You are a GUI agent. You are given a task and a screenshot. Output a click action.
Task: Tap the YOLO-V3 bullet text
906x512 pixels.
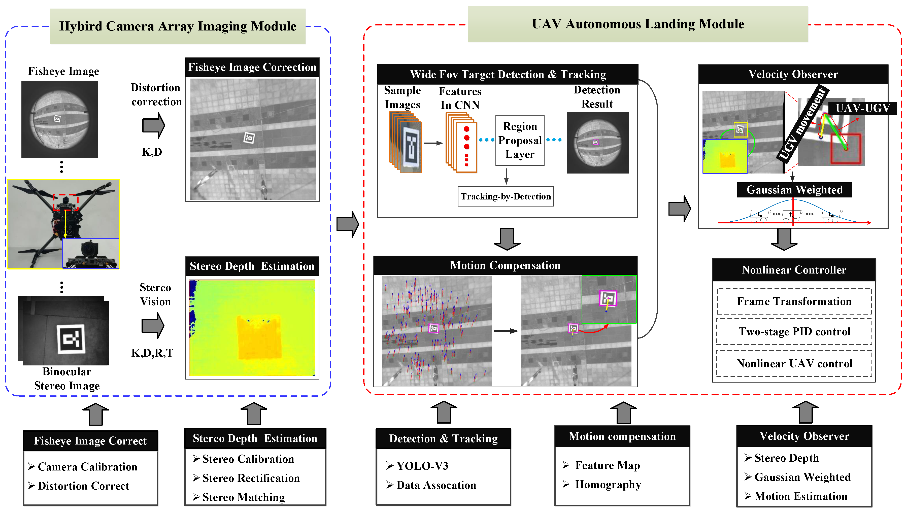point(422,466)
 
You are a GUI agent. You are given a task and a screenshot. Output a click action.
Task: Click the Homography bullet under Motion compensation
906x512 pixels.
point(608,484)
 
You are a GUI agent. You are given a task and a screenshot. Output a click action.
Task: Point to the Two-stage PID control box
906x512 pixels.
point(794,332)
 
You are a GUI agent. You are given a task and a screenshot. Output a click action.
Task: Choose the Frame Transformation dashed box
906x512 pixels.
point(794,301)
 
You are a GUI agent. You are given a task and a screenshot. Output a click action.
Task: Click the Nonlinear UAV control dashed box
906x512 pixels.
point(794,363)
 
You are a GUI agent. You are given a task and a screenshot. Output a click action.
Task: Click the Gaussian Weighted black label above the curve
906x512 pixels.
point(794,190)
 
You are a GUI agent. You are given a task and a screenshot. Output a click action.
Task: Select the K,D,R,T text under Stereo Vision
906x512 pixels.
point(152,353)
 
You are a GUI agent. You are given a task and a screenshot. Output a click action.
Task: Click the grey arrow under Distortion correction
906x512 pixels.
point(153,125)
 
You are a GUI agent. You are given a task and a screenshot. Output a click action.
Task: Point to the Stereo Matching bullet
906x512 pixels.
point(243,497)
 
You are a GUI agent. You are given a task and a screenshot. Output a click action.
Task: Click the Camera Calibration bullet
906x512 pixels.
point(87,467)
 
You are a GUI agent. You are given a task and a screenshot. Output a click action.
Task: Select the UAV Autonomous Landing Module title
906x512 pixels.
point(638,24)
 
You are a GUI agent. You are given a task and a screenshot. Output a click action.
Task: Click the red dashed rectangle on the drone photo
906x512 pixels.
point(65,202)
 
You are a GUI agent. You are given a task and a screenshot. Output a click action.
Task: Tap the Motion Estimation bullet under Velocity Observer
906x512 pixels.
point(800,496)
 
